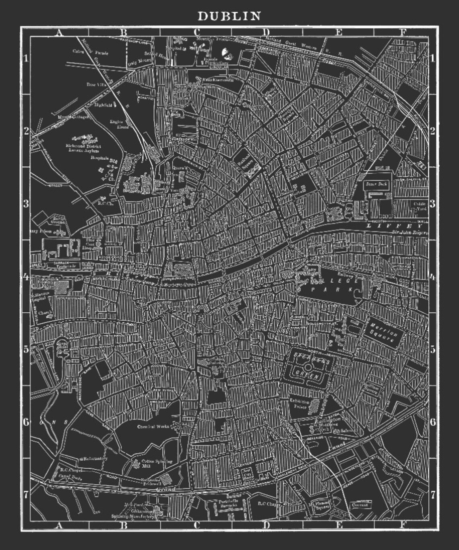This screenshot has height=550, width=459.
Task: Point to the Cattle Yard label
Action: pyautogui.click(x=420, y=205)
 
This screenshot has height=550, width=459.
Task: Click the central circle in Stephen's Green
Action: pyautogui.click(x=309, y=367)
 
